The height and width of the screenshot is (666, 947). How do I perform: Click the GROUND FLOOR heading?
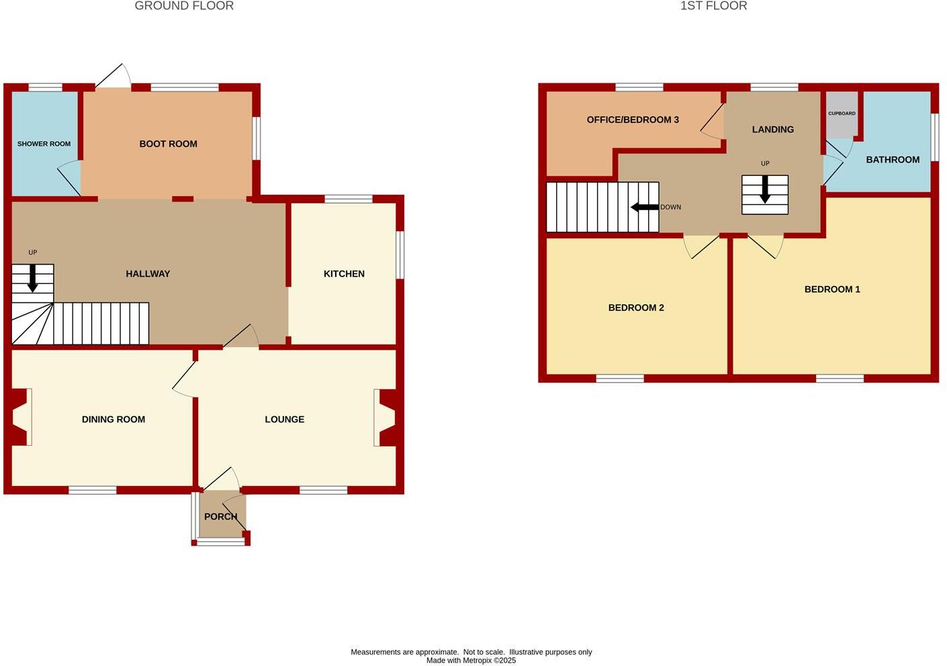(x=184, y=6)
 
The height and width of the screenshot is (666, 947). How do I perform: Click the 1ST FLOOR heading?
(x=713, y=6)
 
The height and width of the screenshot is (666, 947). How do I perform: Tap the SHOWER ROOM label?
(x=44, y=144)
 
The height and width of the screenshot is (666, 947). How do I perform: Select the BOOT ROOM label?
(x=168, y=144)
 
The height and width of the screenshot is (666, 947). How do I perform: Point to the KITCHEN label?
(x=344, y=274)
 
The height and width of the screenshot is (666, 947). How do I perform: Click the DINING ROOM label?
(x=114, y=420)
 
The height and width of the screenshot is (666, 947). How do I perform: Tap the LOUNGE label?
(x=284, y=420)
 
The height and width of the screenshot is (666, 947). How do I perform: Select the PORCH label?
(x=220, y=517)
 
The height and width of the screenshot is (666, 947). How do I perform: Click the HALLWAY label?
(x=148, y=274)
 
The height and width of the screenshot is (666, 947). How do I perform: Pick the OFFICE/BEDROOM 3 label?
(x=633, y=120)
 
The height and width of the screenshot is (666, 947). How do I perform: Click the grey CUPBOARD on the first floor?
(x=842, y=115)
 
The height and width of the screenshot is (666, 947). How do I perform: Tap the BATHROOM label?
(x=893, y=160)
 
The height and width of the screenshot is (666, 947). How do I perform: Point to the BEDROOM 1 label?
(x=832, y=289)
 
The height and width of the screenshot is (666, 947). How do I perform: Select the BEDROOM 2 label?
(x=636, y=308)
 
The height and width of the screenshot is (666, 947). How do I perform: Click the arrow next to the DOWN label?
(x=645, y=207)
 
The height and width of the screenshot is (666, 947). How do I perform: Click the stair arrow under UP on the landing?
(x=765, y=190)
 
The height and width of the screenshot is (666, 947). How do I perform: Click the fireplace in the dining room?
(x=20, y=417)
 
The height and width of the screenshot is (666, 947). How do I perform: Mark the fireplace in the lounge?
(x=386, y=417)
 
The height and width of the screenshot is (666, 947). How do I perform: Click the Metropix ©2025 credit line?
(x=471, y=661)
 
